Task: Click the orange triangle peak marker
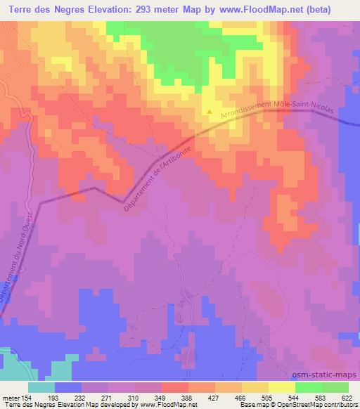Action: point(209,112)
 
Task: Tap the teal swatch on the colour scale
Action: point(41,387)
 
